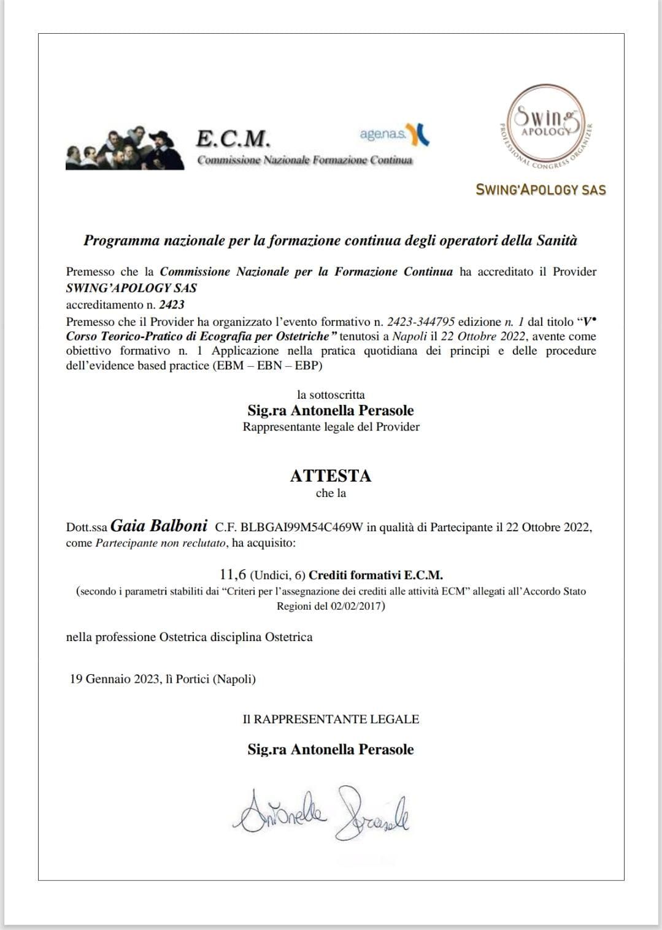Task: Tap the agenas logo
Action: (x=395, y=134)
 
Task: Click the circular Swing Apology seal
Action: (x=544, y=126)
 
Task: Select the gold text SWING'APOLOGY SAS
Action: (x=541, y=190)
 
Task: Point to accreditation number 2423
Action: (x=171, y=304)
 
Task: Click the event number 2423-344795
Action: (x=421, y=321)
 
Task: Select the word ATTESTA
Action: (x=331, y=475)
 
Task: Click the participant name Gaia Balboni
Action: (x=159, y=526)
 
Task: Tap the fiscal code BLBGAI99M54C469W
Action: (x=302, y=527)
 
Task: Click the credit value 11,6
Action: (x=233, y=575)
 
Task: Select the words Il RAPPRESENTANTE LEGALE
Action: (x=331, y=719)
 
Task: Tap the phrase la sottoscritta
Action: (x=331, y=394)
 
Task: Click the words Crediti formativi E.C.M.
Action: (x=375, y=575)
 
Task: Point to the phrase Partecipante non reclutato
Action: (x=161, y=543)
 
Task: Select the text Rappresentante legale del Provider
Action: (x=331, y=427)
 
